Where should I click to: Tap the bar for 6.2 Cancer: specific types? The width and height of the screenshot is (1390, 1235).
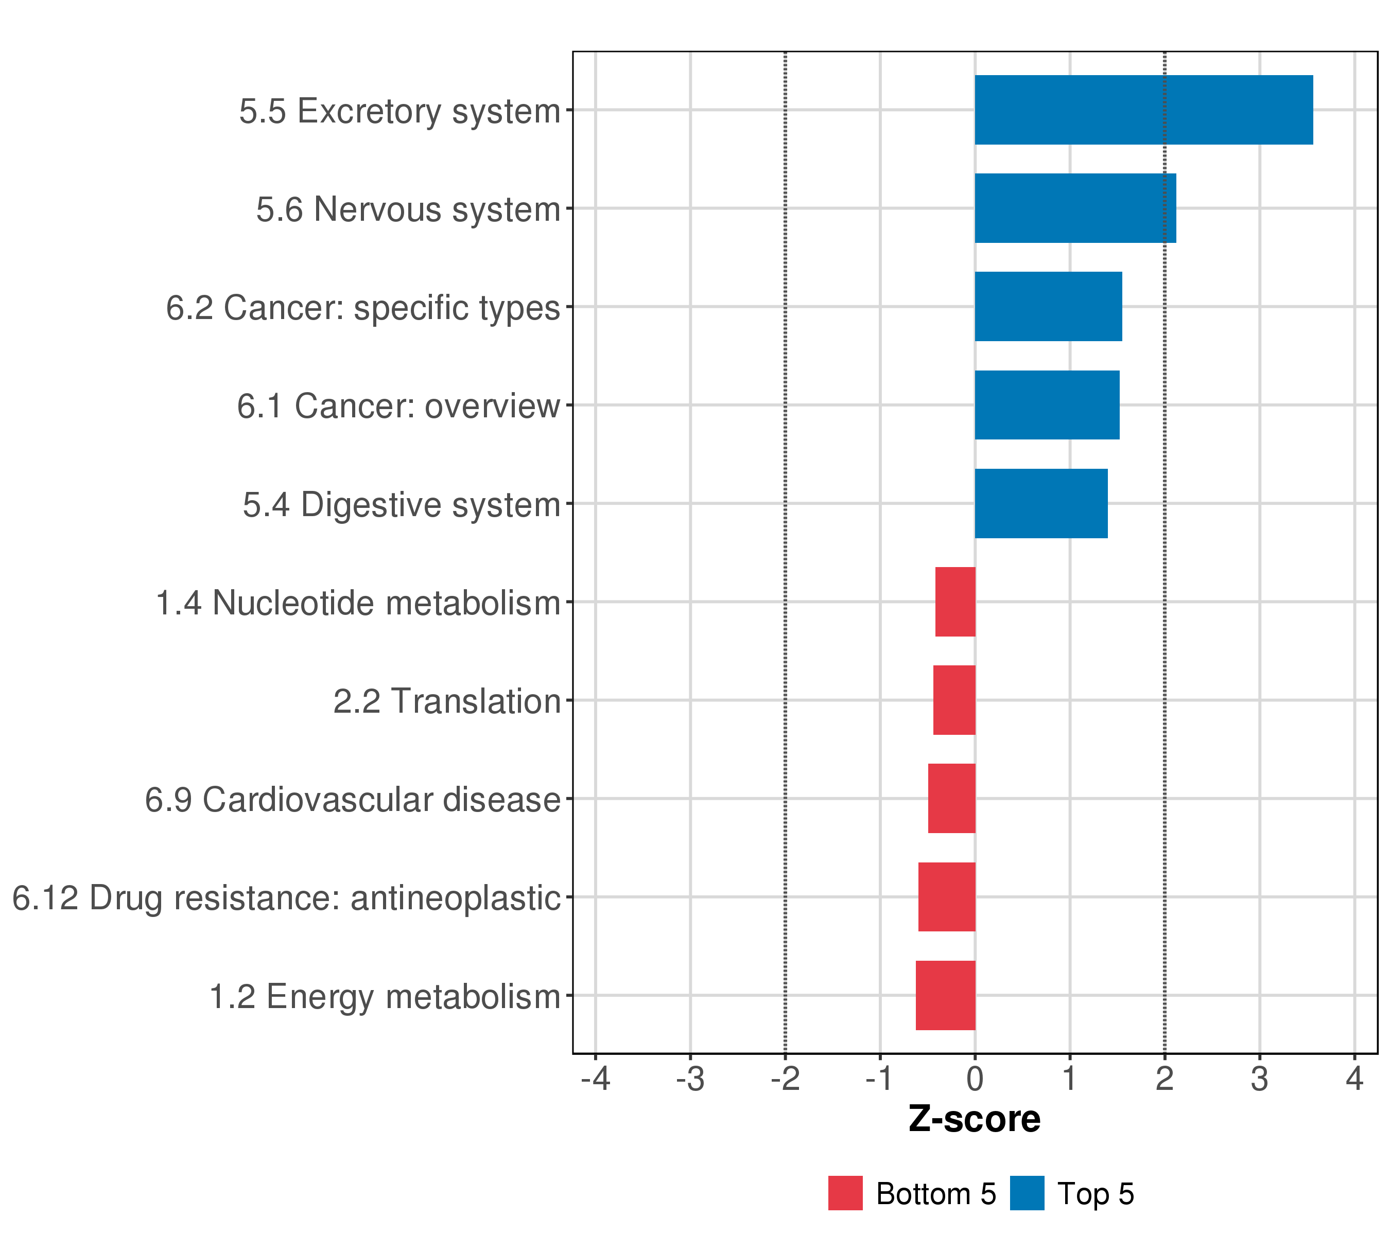pyautogui.click(x=1048, y=307)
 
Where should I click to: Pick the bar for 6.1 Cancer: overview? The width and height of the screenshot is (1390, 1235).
pyautogui.click(x=1047, y=405)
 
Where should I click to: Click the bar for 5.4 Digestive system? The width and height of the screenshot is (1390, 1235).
pyautogui.click(x=1040, y=504)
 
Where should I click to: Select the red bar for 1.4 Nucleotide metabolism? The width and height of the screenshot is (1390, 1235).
pyautogui.click(x=955, y=602)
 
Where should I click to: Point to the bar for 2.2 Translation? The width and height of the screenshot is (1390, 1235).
pyautogui.click(x=953, y=700)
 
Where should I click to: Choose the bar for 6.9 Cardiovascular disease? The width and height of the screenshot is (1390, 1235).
pyautogui.click(x=951, y=799)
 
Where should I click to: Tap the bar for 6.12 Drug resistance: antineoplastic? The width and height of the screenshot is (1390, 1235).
pyautogui.click(x=947, y=897)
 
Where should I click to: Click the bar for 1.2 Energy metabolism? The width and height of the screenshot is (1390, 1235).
pyautogui.click(x=945, y=996)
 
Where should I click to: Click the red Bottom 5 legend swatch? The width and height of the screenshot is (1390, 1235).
pyautogui.click(x=845, y=1193)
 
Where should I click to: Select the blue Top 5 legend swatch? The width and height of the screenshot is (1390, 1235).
pyautogui.click(x=1027, y=1193)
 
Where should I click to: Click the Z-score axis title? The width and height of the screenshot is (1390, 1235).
pyautogui.click(x=975, y=1119)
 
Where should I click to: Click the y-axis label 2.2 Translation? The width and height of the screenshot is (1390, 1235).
pyautogui.click(x=447, y=701)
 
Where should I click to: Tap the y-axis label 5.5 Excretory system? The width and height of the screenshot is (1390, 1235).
pyautogui.click(x=400, y=112)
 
